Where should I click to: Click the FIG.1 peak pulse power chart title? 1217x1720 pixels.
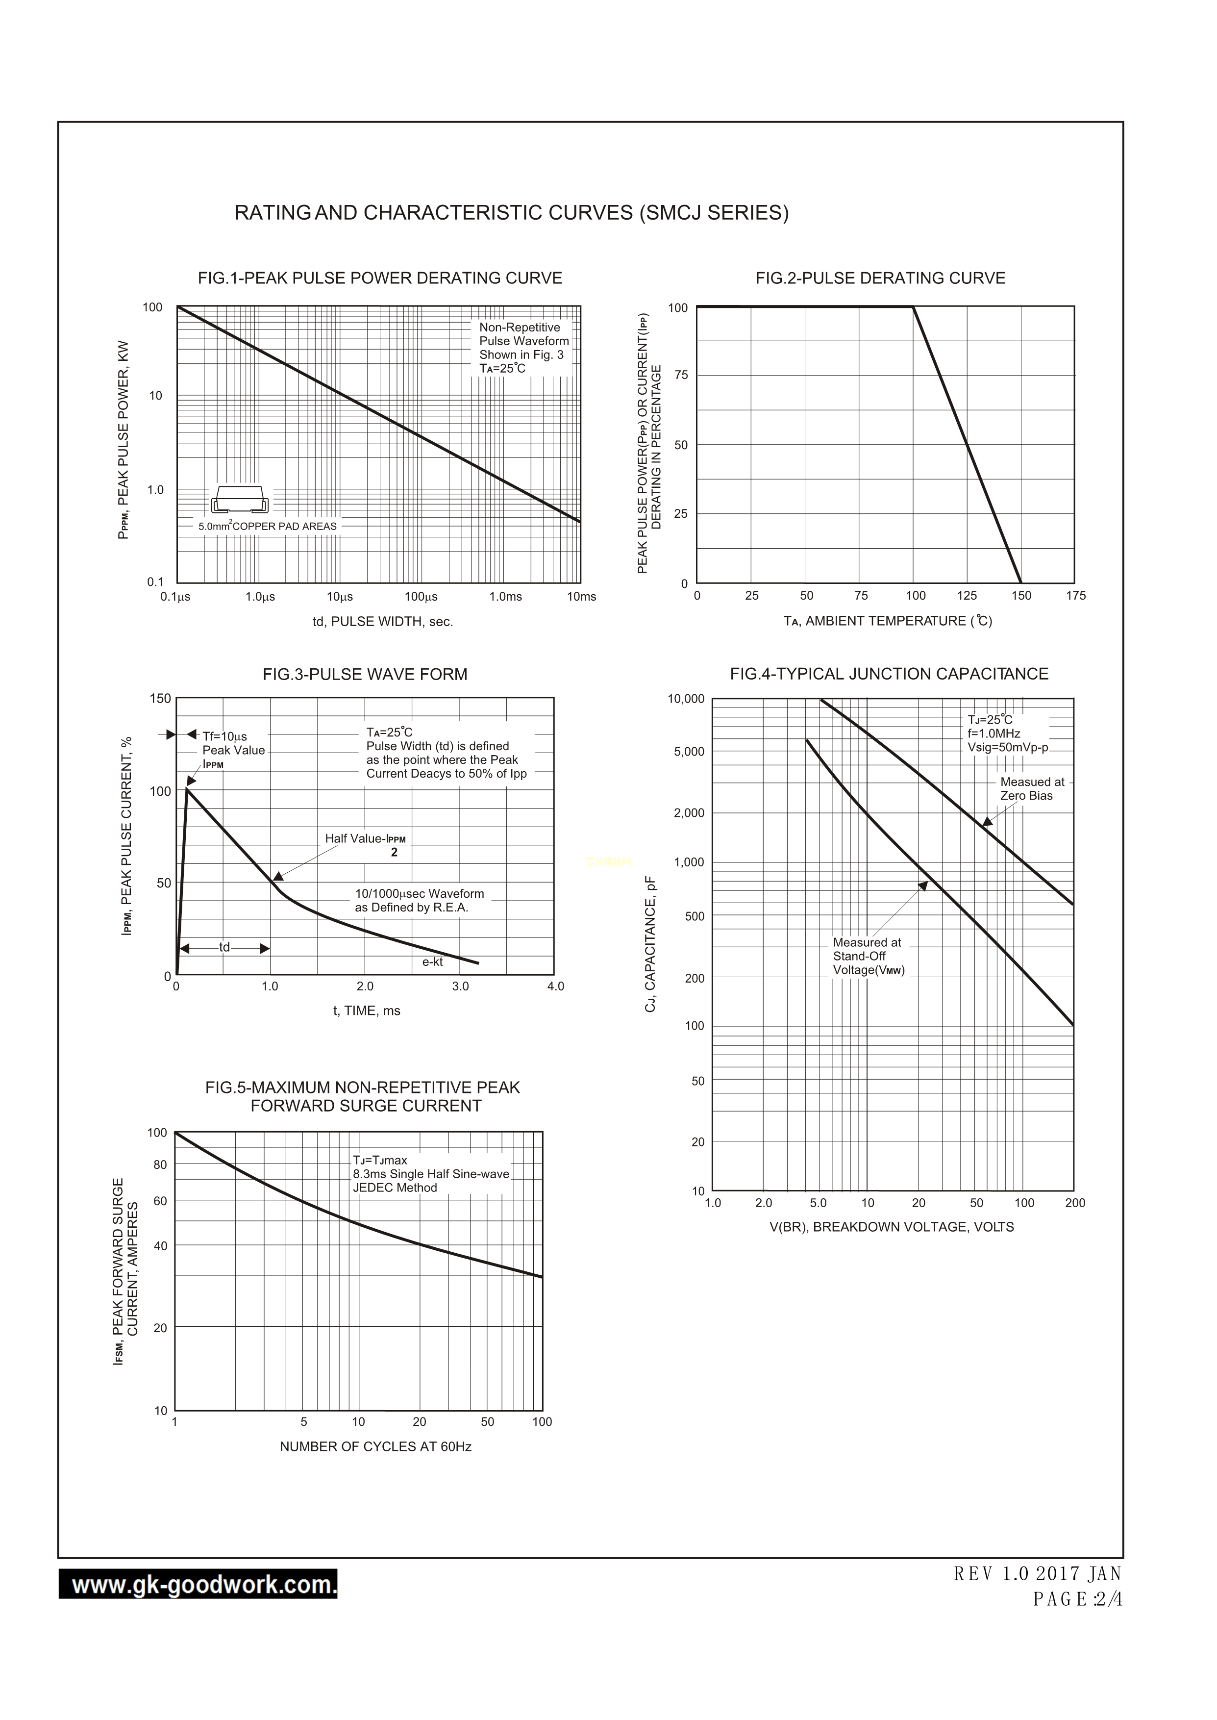pyautogui.click(x=380, y=278)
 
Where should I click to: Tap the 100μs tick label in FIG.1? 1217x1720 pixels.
pyautogui.click(x=421, y=597)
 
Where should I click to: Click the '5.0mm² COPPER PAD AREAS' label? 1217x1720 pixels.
pyautogui.click(x=268, y=526)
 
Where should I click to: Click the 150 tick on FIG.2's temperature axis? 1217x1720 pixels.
pyautogui.click(x=1020, y=596)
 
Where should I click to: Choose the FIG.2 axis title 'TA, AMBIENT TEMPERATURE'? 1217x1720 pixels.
pyautogui.click(x=887, y=621)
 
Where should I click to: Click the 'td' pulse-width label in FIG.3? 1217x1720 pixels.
pyautogui.click(x=224, y=947)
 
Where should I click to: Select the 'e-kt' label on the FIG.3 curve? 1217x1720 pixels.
pyautogui.click(x=432, y=961)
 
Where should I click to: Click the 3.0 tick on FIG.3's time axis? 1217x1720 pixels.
pyautogui.click(x=460, y=986)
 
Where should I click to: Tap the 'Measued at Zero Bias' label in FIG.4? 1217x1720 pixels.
pyautogui.click(x=1032, y=788)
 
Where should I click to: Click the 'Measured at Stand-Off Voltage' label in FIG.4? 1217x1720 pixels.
pyautogui.click(x=869, y=956)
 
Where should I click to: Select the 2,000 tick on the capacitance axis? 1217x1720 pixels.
pyautogui.click(x=689, y=812)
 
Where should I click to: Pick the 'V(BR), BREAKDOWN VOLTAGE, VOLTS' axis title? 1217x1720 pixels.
pyautogui.click(x=891, y=1227)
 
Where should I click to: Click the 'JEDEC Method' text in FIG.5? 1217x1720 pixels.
pyautogui.click(x=395, y=1188)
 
